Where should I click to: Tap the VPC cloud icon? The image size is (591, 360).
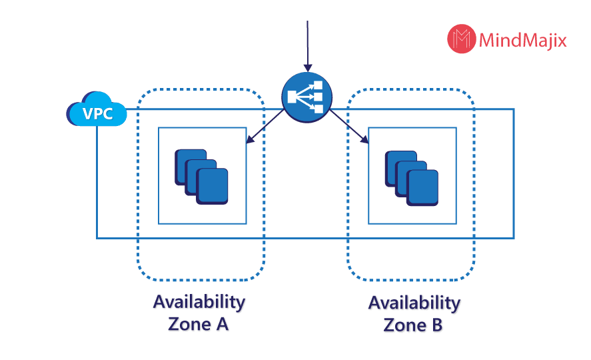point(97,110)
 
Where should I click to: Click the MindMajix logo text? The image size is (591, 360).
point(522,41)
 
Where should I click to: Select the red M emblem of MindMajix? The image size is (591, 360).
point(462,39)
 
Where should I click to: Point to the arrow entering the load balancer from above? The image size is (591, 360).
point(306,47)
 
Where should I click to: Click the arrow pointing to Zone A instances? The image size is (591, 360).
point(264,127)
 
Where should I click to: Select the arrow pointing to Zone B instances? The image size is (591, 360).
point(349,127)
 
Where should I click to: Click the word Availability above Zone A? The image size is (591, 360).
point(199,302)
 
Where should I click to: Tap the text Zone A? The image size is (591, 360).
point(199,325)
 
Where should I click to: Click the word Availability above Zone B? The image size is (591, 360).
point(414,304)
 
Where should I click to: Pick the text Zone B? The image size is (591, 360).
point(414,327)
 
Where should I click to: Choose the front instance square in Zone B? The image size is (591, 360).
point(423,187)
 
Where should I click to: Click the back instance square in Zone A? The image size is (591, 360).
point(187,163)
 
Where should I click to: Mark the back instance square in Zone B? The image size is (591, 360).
point(396,165)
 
